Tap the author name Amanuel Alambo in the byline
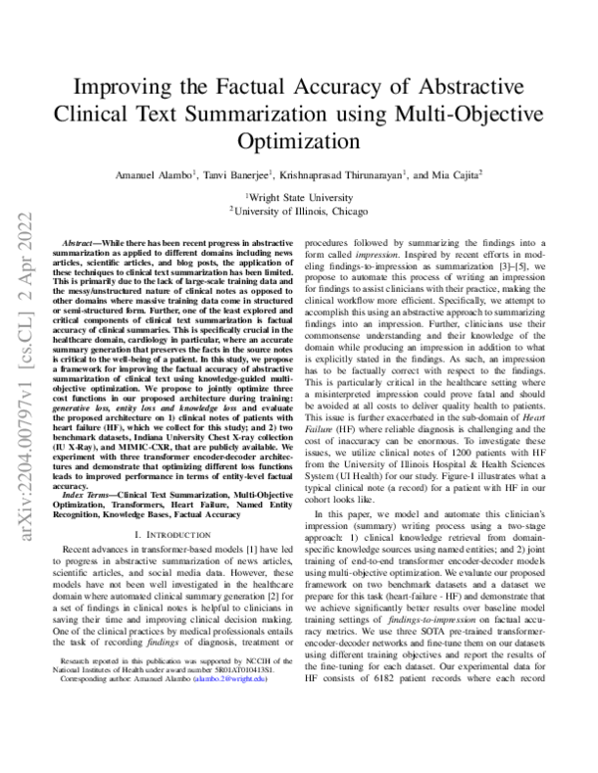point(149,175)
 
